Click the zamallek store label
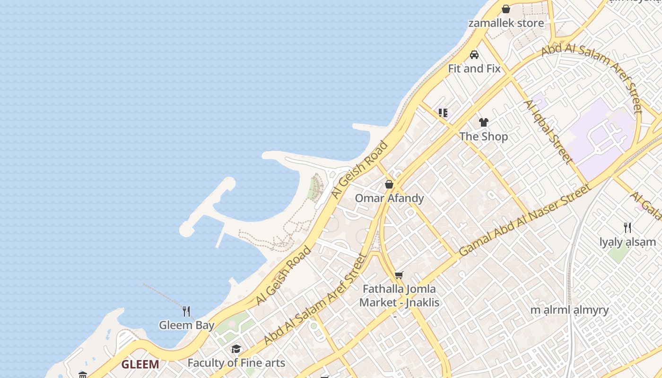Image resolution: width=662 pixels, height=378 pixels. tap(505, 23)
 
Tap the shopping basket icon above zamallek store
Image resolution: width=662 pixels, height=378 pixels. tap(506, 9)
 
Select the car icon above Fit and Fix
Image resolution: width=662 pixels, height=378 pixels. tap(474, 55)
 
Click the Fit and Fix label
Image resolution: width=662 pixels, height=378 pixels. tap(474, 69)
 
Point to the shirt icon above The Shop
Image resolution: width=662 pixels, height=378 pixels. tap(483, 122)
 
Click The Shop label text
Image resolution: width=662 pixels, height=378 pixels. tap(483, 137)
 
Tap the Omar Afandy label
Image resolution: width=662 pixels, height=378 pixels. tap(389, 198)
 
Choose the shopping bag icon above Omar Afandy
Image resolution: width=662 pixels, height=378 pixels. tap(389, 184)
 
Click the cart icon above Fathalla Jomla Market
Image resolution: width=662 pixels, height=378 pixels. tap(399, 275)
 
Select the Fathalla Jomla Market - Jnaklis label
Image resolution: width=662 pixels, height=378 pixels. tap(399, 295)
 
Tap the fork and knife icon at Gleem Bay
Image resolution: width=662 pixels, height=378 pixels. tap(186, 311)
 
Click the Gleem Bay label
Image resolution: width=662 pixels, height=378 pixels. tap(186, 325)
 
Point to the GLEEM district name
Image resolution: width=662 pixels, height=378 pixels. tap(140, 364)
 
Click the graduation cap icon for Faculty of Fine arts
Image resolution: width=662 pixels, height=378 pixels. tap(236, 349)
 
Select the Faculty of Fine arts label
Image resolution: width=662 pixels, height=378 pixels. tap(236, 363)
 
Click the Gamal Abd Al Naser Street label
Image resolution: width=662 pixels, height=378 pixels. tap(525, 221)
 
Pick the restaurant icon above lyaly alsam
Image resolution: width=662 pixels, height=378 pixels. tap(627, 228)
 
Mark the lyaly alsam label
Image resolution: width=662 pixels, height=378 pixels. tap(627, 242)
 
